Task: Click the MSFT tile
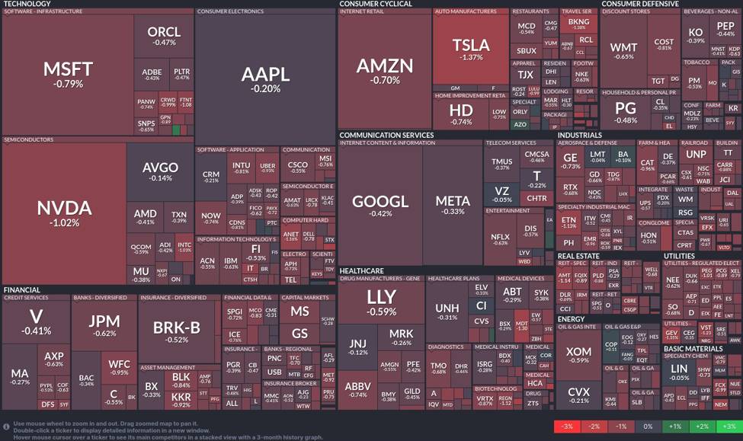point(68,74)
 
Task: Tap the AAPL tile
point(265,78)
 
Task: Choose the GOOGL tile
point(380,206)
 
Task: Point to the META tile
point(453,206)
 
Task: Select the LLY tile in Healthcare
point(381,301)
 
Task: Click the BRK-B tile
point(176,331)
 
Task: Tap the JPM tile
point(104,326)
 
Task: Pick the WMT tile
point(623,51)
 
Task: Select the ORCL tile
point(164,35)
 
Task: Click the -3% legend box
point(567,427)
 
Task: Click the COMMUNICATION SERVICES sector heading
point(386,136)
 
